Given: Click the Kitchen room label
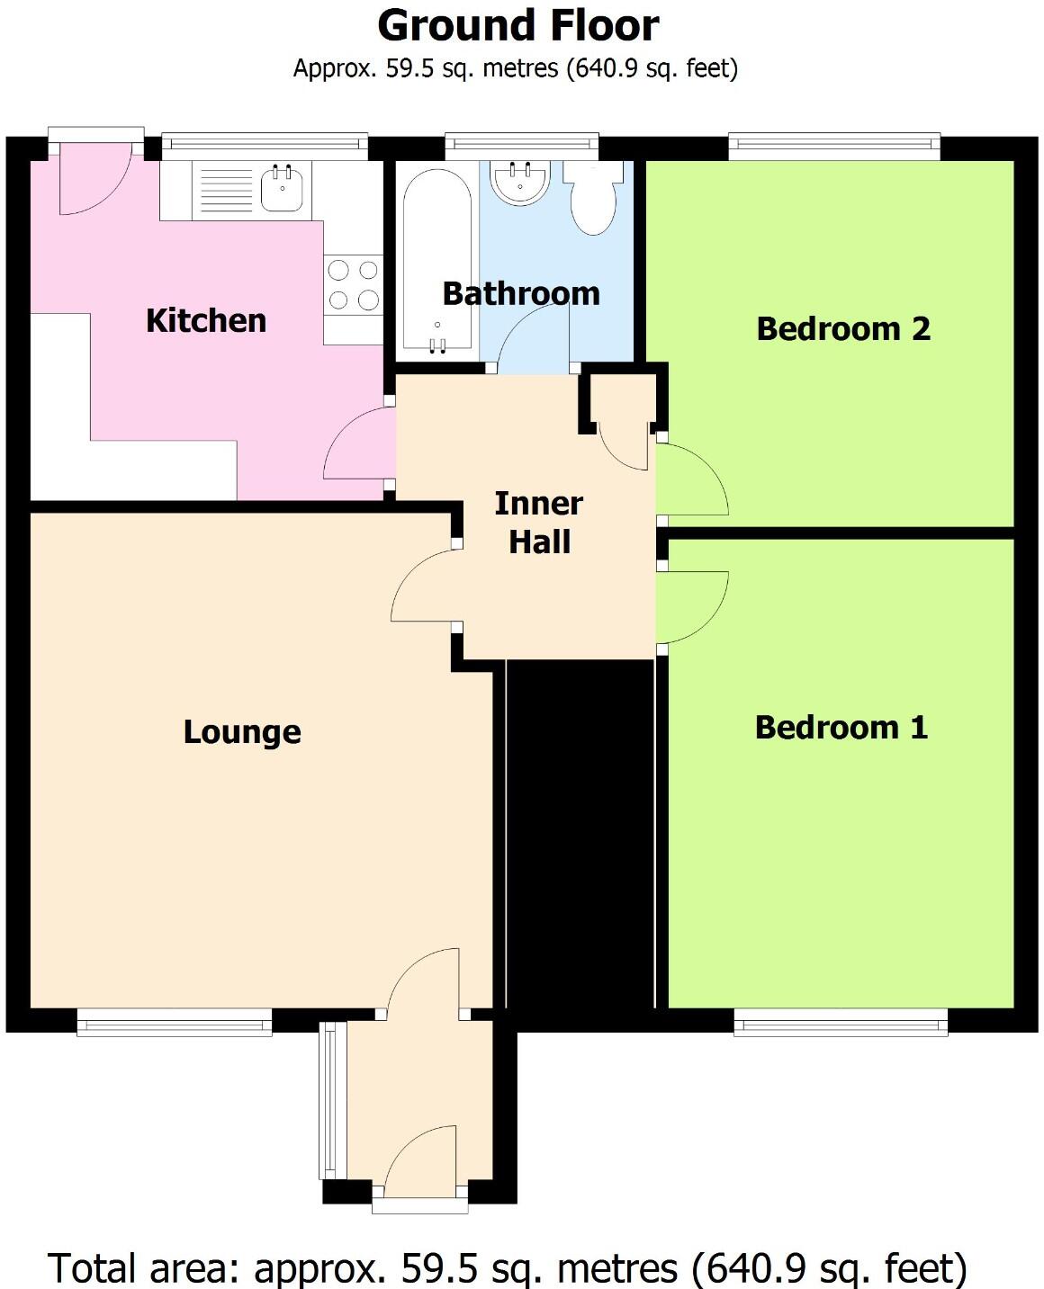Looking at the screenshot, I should tap(206, 320).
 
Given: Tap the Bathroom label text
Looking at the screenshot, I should tap(520, 293).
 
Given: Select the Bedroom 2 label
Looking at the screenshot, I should tap(842, 329).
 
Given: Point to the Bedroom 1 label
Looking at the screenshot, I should tap(841, 727).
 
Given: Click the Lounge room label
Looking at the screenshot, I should tap(242, 732).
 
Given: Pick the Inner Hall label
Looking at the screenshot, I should tap(539, 523).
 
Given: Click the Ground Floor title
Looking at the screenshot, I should tap(517, 26).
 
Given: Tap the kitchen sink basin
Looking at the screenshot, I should tap(282, 189).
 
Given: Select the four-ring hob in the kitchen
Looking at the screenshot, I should tap(353, 284).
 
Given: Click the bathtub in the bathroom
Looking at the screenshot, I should tap(436, 261).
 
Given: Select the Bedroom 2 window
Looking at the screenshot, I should tap(833, 145).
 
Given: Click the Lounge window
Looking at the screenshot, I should tap(174, 1021).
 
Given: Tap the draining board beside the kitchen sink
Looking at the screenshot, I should tap(226, 190).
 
